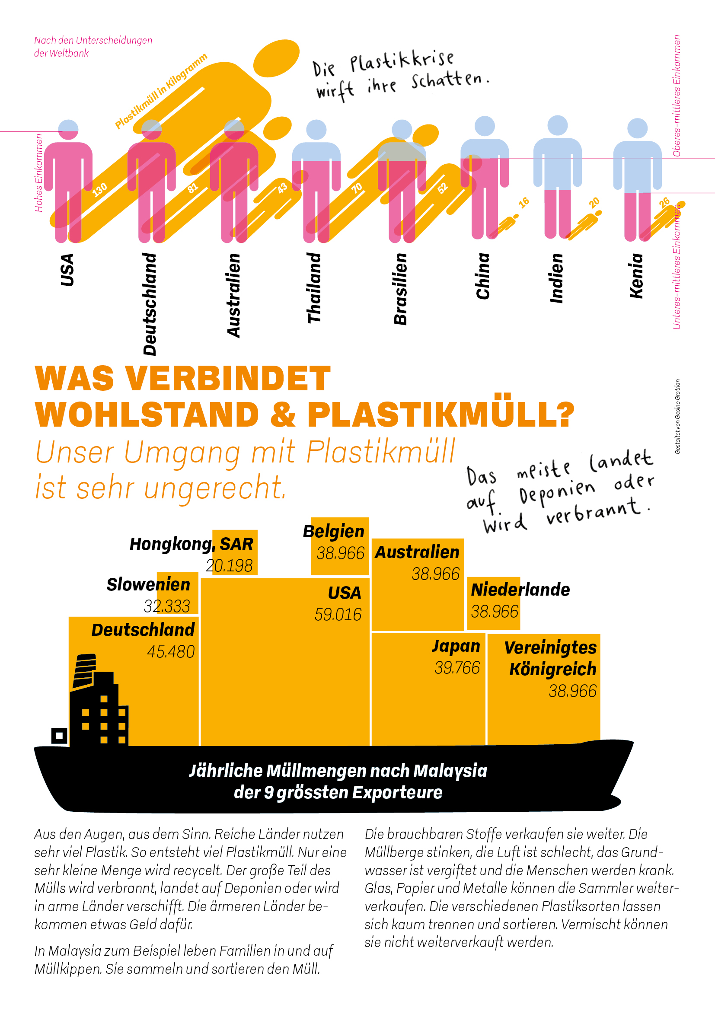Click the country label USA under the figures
tap(67, 270)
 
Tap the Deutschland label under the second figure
tap(150, 304)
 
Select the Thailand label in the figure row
tap(314, 288)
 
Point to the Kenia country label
tap(637, 276)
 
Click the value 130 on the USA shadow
tap(100, 189)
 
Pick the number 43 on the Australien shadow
tap(282, 188)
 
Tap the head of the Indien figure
tap(557, 125)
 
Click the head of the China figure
tap(485, 126)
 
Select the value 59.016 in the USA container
tap(338, 615)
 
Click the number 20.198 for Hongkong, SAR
tap(229, 566)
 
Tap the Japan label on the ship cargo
tap(456, 646)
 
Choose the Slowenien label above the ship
tap(148, 585)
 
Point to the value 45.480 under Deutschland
tap(171, 652)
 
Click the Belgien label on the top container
tap(334, 532)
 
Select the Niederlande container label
tap(520, 590)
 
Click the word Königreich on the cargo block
tap(552, 669)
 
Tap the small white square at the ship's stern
tap(59, 735)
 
